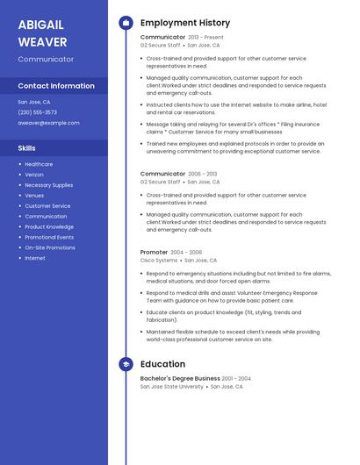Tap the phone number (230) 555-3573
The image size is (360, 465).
(x=37, y=112)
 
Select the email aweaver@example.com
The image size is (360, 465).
(x=48, y=123)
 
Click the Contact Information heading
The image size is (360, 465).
(x=56, y=86)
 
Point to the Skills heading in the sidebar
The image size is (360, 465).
(x=26, y=148)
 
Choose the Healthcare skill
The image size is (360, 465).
(x=39, y=164)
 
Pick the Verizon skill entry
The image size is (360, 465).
(x=35, y=175)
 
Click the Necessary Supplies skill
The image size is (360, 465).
(x=48, y=185)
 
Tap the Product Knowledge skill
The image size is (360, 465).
(x=49, y=226)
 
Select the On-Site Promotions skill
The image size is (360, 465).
(x=50, y=247)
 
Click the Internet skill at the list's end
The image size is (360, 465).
(x=35, y=258)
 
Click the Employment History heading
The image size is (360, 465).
(x=184, y=23)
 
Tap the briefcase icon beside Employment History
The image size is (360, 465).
(x=125, y=23)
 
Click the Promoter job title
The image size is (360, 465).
(x=154, y=253)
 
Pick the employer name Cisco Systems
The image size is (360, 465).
(x=159, y=261)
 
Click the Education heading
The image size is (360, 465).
(x=162, y=364)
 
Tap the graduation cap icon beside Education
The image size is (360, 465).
(x=125, y=364)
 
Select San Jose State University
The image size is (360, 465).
(x=171, y=387)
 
